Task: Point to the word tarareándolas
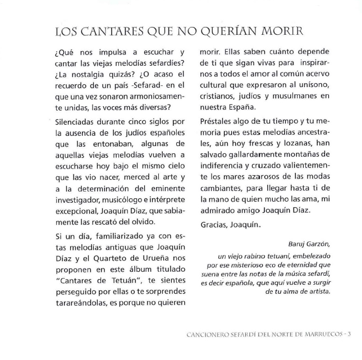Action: pyautogui.click(x=80, y=303)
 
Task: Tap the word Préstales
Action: pyautogui.click(x=218, y=122)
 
